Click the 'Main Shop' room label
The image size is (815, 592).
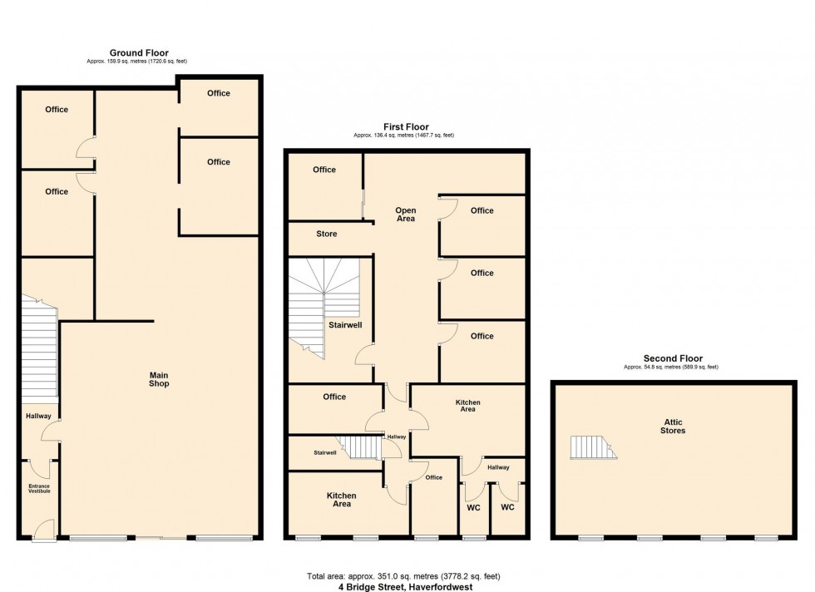[x=158, y=378]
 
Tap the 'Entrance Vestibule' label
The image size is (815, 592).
[x=39, y=488]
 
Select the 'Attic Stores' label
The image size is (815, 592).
[x=673, y=426]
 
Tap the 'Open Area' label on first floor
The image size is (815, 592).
[x=405, y=215]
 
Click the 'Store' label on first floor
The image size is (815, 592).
[x=327, y=234]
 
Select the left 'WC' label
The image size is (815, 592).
[x=473, y=507]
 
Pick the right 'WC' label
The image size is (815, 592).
[x=507, y=507]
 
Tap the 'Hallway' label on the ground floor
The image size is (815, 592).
[x=38, y=417]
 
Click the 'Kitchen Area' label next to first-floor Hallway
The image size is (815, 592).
[x=467, y=407]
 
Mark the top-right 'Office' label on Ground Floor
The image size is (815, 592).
[x=219, y=93]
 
